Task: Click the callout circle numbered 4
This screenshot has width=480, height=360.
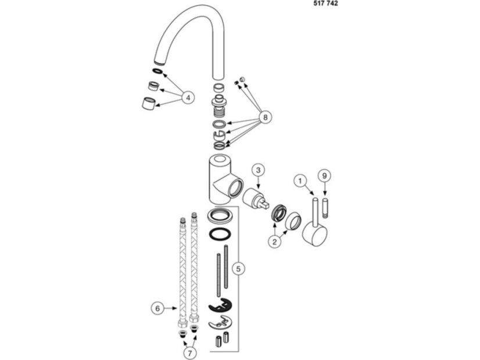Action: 188,98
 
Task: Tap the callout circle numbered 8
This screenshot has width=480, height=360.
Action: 265,117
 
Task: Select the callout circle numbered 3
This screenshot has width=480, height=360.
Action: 258,170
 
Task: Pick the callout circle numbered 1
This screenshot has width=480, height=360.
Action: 300,181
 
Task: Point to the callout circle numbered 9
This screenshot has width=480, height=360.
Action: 325,175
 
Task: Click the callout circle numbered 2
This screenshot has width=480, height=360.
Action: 274,242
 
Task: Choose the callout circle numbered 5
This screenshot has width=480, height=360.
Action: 238,269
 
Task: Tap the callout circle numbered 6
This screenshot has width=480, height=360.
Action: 157,308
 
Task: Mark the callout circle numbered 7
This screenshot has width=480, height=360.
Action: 190,353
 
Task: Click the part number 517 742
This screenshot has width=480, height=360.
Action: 325,3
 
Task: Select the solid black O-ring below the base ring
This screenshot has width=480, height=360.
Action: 220,235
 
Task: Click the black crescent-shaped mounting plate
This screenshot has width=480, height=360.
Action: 220,305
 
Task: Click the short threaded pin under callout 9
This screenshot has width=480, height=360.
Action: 325,208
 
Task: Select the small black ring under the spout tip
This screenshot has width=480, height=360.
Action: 157,71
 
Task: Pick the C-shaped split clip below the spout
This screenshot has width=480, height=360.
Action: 220,134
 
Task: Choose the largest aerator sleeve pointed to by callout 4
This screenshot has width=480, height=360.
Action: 148,103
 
